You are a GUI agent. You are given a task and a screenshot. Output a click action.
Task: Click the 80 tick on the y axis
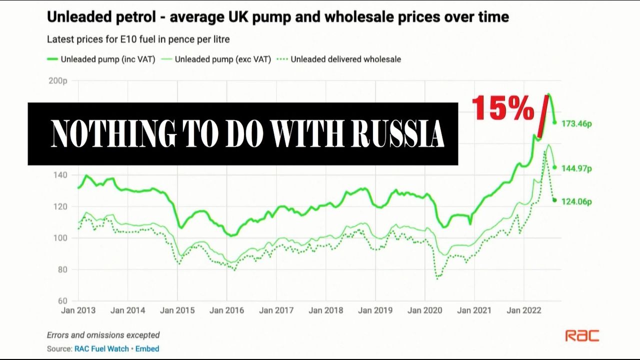pyautogui.click(x=62, y=269)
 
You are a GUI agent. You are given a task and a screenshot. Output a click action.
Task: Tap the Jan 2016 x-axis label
pyautogui.click(x=226, y=310)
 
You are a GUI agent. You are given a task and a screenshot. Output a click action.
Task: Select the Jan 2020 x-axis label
pyautogui.click(x=424, y=310)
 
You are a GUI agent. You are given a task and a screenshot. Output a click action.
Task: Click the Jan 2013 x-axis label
pyautogui.click(x=78, y=310)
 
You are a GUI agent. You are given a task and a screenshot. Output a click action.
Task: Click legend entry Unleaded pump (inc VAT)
pyautogui.click(x=108, y=59)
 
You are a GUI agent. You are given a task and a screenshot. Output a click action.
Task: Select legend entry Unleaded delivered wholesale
pyautogui.click(x=345, y=59)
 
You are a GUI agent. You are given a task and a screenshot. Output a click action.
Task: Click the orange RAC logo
pyautogui.click(x=582, y=335)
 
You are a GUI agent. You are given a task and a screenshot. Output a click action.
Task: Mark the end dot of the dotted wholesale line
pyautogui.click(x=554, y=200)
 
